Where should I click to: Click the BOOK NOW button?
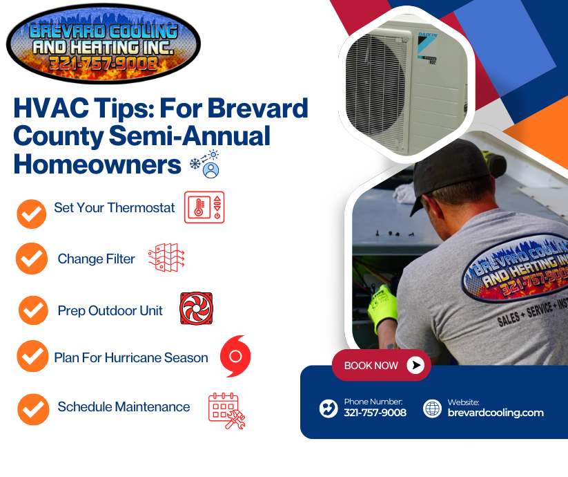coord(382,365)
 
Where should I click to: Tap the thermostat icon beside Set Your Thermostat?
coord(204,207)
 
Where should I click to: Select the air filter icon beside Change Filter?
coord(166,257)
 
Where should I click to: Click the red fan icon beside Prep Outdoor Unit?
coord(196,308)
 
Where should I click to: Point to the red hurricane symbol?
coord(235,356)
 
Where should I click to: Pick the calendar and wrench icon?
coord(227,411)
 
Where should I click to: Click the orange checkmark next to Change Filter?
coord(32,259)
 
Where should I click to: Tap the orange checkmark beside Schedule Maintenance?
coord(33,409)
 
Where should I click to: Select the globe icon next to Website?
coord(433,409)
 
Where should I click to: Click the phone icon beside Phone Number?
coord(329,409)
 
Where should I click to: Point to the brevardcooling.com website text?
coord(496,413)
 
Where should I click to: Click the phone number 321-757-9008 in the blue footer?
coord(375,413)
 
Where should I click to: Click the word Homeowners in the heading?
coord(97,165)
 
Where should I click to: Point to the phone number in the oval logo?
coord(104,64)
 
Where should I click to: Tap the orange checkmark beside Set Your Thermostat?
coord(32,214)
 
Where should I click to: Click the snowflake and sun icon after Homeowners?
coord(205,164)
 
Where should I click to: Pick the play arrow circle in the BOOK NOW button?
coord(415,365)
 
